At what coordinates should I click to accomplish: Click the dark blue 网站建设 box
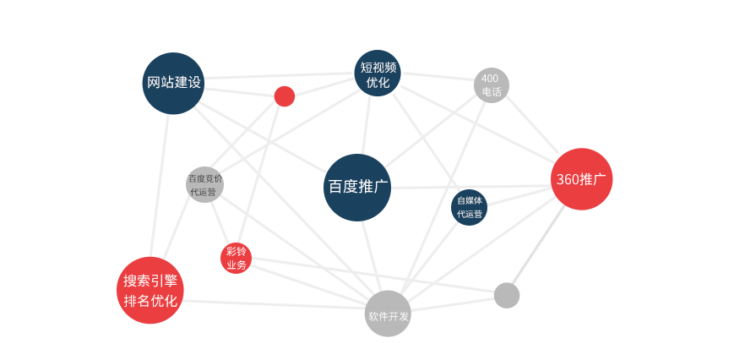[173, 83]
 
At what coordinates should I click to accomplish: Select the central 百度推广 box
[356, 187]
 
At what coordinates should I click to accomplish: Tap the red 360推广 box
[581, 179]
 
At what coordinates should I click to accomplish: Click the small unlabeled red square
[285, 95]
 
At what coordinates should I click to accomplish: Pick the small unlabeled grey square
[506, 295]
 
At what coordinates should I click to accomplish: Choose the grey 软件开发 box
[388, 314]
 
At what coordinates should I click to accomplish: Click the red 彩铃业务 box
[236, 258]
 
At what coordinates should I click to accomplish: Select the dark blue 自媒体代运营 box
[469, 207]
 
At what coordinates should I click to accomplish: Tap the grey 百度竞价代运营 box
[205, 184]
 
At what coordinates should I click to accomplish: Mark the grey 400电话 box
[491, 85]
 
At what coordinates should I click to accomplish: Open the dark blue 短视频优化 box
[377, 74]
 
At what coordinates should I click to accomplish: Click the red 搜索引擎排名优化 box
[150, 290]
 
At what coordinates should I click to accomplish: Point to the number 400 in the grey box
[490, 79]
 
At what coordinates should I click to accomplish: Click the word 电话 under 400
[491, 91]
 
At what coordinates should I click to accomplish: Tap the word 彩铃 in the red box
[236, 252]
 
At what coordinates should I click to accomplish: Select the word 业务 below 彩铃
[236, 265]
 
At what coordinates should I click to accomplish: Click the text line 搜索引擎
[150, 281]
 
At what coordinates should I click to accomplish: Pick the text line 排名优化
[150, 301]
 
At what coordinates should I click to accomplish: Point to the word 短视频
[378, 67]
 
